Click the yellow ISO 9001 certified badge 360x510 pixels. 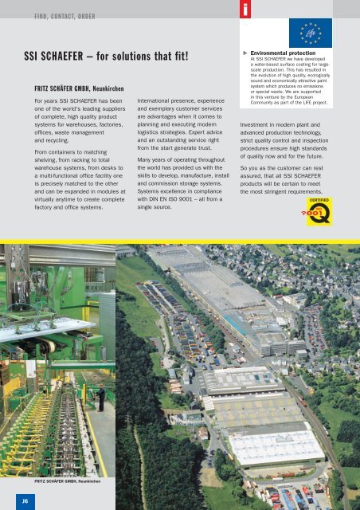pyautogui.click(x=326, y=213)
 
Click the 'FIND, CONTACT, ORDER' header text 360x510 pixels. pyautogui.click(x=64, y=16)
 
